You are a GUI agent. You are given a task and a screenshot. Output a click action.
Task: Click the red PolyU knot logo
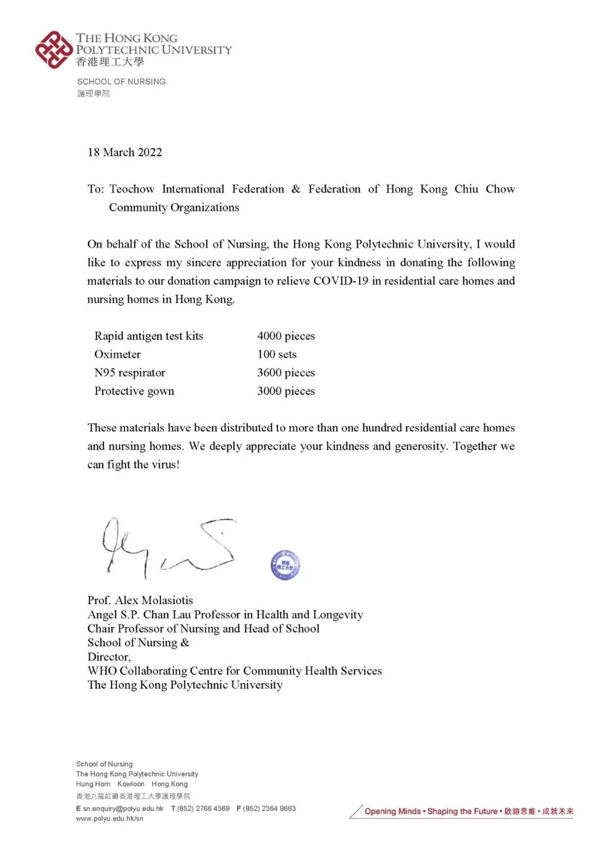pos(54,50)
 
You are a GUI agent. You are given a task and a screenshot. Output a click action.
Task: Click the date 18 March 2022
pos(124,152)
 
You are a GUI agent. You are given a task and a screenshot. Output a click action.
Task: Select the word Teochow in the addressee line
pos(132,189)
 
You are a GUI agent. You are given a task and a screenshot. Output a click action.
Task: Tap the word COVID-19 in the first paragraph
pos(341,281)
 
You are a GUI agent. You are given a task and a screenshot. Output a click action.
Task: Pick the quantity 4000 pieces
pos(286,336)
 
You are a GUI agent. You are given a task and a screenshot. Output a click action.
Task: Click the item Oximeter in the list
pos(118,354)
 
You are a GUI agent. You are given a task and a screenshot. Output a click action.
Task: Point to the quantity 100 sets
pos(277,354)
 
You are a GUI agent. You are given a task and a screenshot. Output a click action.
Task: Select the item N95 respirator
pos(130,373)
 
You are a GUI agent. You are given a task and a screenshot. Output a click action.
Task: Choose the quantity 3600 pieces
pos(286,373)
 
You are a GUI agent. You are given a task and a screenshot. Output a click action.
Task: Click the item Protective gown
pos(135,392)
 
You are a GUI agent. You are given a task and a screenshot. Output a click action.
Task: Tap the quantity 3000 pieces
pos(286,392)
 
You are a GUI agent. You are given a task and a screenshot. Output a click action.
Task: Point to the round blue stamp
pos(285,565)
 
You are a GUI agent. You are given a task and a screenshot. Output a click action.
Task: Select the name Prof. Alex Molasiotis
pos(140,600)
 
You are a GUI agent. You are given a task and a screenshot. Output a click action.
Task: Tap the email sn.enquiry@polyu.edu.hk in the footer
pos(123,809)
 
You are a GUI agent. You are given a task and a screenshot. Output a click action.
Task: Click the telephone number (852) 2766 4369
pos(203,809)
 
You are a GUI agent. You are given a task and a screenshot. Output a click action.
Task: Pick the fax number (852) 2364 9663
pos(269,809)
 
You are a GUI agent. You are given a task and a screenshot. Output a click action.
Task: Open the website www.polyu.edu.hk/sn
pos(110,819)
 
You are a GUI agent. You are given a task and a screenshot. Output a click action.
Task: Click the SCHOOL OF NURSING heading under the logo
pos(122,82)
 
